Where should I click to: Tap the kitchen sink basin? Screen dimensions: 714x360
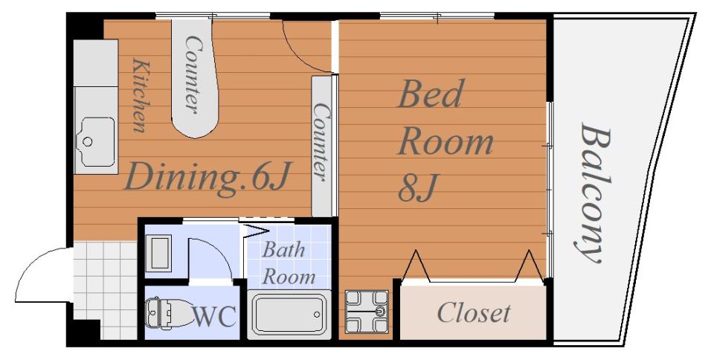tap(97, 141)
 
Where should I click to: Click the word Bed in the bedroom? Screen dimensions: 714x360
tap(431, 94)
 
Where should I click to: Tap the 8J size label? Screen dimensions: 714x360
tap(417, 187)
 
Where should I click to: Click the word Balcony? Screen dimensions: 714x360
tap(594, 193)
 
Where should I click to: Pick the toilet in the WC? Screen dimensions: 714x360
tap(170, 312)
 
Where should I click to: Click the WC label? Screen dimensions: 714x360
tap(215, 316)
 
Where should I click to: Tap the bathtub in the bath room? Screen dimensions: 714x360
tap(289, 314)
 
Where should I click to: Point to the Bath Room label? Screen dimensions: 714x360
tap(288, 263)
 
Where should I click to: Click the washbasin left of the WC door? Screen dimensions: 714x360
tap(161, 253)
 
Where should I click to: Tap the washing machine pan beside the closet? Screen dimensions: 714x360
tap(367, 312)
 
